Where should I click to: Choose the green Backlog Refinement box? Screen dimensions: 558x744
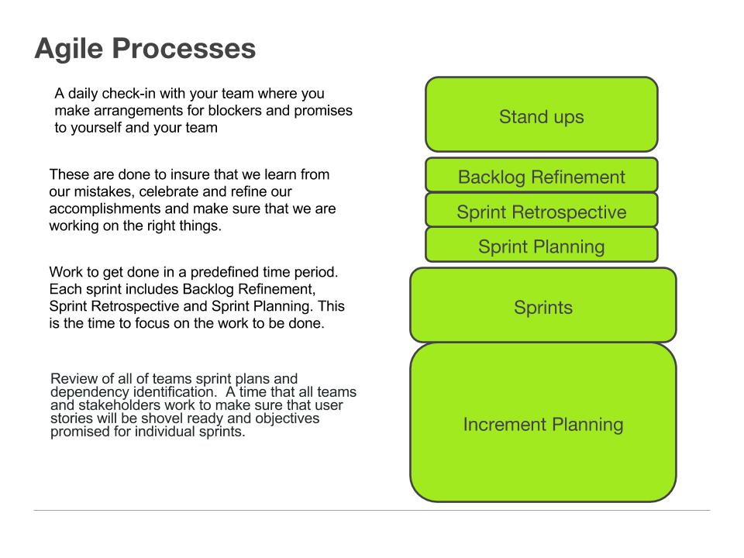[x=541, y=177]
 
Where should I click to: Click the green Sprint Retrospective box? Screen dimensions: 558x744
[x=541, y=212]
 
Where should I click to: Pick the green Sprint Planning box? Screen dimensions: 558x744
[x=541, y=246]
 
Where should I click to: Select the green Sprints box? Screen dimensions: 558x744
[x=542, y=307]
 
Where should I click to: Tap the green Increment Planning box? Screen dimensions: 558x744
[x=542, y=424]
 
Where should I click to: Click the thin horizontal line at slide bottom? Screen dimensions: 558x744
[x=372, y=510]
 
